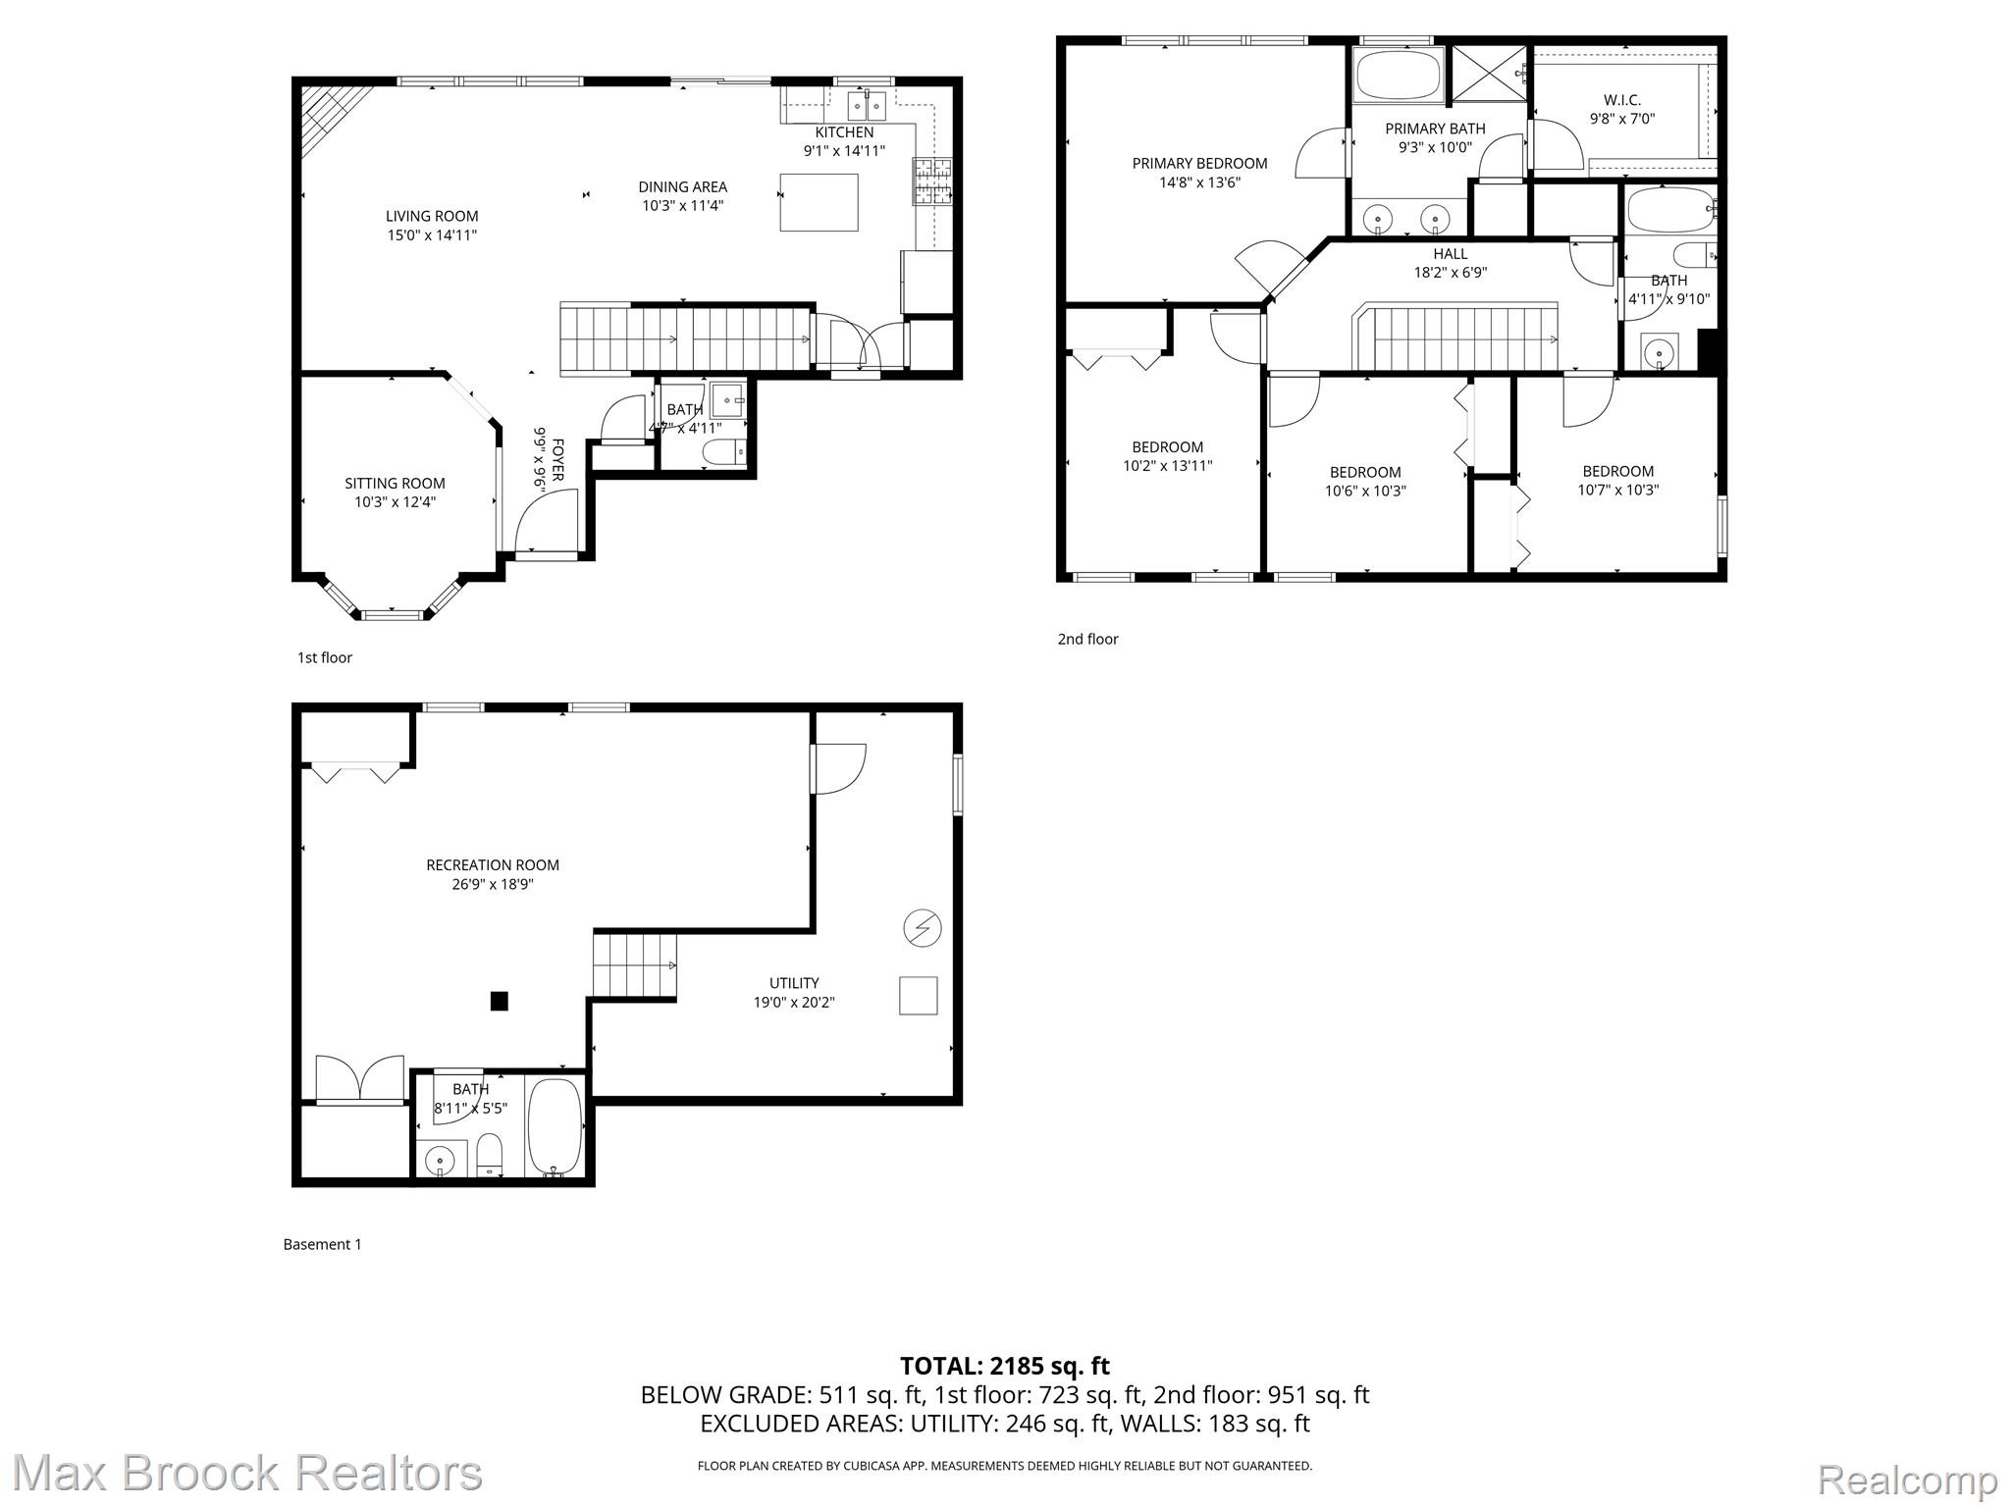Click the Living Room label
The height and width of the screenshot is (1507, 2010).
[432, 217]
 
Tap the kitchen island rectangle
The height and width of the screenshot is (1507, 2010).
[819, 202]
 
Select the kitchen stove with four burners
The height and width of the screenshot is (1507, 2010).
[933, 182]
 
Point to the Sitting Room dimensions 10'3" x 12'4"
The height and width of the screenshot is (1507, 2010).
[395, 502]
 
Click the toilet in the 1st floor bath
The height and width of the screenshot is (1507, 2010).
[725, 452]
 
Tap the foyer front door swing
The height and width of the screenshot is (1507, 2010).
[546, 520]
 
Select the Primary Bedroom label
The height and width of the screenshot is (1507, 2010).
[1199, 164]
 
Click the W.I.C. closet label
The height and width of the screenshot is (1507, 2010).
[1621, 100]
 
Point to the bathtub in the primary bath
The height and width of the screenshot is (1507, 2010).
[1398, 75]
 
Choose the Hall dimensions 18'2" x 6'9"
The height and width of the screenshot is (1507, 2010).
[1450, 273]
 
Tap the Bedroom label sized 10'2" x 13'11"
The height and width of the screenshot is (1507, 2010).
[1167, 447]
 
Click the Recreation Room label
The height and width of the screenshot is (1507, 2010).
[493, 865]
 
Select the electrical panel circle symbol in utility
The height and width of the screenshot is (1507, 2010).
[923, 927]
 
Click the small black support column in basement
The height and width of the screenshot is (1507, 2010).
[500, 1001]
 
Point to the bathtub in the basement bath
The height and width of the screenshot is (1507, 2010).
[555, 1126]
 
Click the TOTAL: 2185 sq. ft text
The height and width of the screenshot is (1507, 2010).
[1004, 1366]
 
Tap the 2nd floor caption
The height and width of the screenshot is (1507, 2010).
[1087, 639]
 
